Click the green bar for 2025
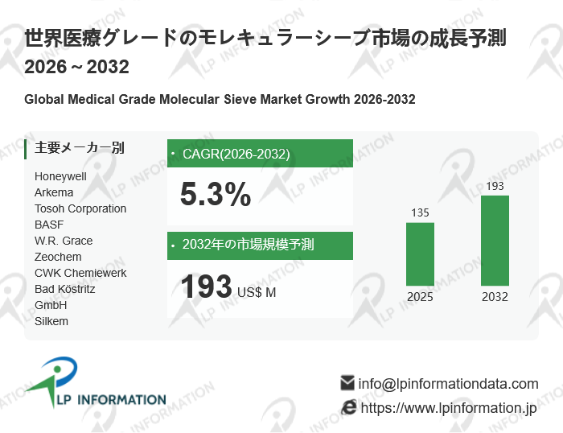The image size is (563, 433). (x=420, y=254)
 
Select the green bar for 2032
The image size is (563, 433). (x=495, y=240)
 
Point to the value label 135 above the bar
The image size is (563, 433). (x=420, y=213)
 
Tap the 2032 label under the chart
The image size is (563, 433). (x=495, y=297)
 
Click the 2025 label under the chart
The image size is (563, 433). (x=420, y=297)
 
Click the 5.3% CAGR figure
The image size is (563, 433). (x=216, y=195)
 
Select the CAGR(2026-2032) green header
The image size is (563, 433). (x=260, y=154)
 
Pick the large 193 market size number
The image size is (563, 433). (x=206, y=287)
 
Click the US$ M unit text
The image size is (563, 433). (x=257, y=292)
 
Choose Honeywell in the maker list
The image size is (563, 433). (x=60, y=176)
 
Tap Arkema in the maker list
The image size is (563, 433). (x=54, y=192)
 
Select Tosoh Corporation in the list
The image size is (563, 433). (x=80, y=208)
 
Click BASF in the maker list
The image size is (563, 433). (x=49, y=225)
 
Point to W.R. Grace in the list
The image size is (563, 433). (x=64, y=241)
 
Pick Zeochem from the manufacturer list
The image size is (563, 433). (x=58, y=257)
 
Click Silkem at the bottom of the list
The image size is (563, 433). (x=51, y=321)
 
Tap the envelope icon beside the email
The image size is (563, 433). (x=347, y=383)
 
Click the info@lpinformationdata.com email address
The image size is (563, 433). (x=448, y=384)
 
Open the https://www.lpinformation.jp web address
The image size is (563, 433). (x=448, y=408)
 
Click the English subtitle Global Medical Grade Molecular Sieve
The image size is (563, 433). (x=220, y=100)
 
